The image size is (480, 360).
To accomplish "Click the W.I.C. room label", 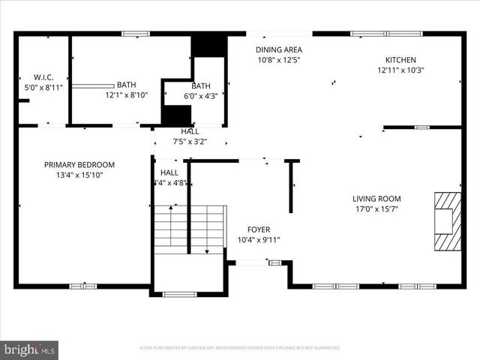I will pyautogui.click(x=43, y=76).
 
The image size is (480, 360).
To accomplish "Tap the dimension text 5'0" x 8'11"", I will pyautogui.click(x=43, y=87).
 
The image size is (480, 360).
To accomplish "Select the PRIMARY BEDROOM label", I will pyautogui.click(x=79, y=165).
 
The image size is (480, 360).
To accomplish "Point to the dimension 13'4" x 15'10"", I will pyautogui.click(x=79, y=175).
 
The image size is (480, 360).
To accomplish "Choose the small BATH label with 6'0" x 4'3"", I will pyautogui.click(x=201, y=85).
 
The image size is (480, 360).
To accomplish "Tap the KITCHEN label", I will pyautogui.click(x=400, y=60).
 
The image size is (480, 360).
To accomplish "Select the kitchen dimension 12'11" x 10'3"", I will pyautogui.click(x=400, y=70).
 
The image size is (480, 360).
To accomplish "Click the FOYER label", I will pyautogui.click(x=259, y=229).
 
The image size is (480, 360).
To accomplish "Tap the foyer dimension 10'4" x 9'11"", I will pyautogui.click(x=259, y=240).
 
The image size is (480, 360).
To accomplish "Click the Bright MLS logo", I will pyautogui.click(x=30, y=349).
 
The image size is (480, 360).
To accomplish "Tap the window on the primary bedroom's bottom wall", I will pyautogui.click(x=82, y=286).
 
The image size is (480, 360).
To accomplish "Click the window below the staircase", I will pyautogui.click(x=179, y=294).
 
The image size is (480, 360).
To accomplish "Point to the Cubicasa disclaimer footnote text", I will pyautogui.click(x=240, y=348).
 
